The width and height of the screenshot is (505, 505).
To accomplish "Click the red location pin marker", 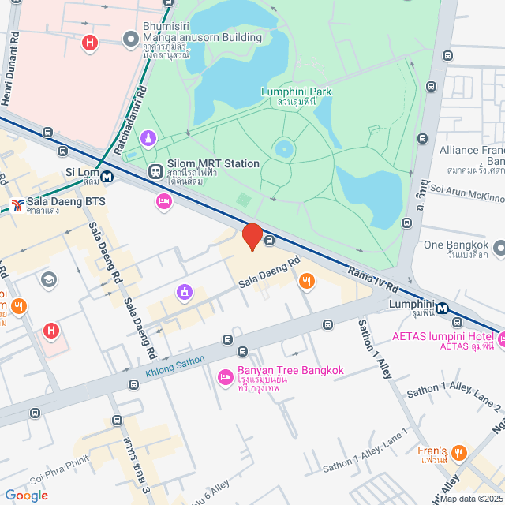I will (252, 236).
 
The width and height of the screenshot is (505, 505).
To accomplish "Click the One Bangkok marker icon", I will (499, 250).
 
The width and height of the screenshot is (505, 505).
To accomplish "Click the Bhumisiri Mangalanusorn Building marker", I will (130, 39).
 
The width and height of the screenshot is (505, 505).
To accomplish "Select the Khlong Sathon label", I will (174, 364).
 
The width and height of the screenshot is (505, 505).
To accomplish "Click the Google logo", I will (27, 496).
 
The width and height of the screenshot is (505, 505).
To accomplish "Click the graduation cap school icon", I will (49, 279).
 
